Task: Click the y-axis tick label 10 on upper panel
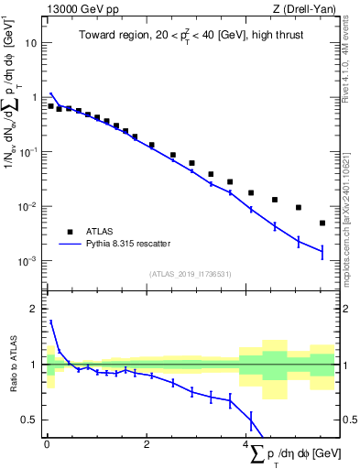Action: pos(31,43)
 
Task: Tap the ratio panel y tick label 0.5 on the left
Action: pos(29,420)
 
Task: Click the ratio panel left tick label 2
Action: pos(34,309)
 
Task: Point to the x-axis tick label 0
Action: pos(47,446)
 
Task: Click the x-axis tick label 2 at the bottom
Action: pos(147,446)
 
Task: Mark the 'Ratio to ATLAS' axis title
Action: pos(10,366)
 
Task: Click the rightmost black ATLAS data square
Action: pos(322,223)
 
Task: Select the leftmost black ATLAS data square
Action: pos(50,106)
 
